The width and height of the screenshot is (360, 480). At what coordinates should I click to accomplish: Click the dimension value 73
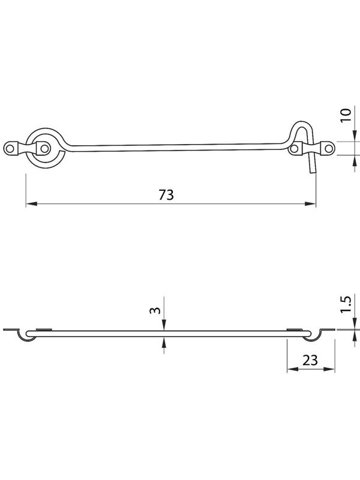[166, 194]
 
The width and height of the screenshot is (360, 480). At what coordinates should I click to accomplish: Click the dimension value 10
[346, 115]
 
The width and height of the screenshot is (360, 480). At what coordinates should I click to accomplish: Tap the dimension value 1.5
[346, 304]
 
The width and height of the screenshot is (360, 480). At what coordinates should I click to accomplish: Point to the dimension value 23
[310, 361]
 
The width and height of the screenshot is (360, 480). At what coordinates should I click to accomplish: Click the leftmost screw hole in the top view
[10, 149]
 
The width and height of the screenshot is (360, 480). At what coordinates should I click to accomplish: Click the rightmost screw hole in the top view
[328, 149]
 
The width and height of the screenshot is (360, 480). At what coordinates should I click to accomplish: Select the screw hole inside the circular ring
[44, 149]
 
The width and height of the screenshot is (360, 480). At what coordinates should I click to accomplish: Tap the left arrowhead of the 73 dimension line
[31, 203]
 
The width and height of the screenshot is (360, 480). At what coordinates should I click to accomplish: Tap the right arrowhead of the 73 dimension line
[310, 203]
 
